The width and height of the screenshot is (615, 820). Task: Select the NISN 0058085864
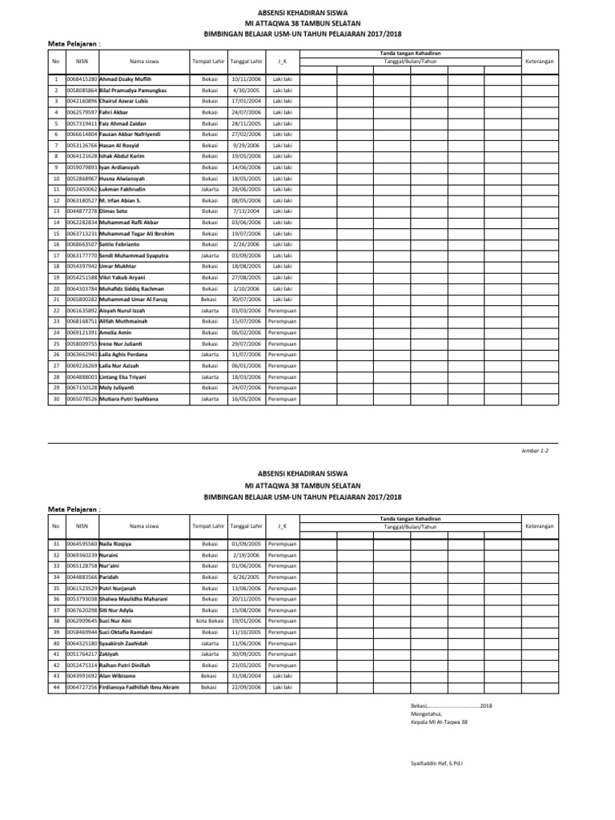(x=82, y=90)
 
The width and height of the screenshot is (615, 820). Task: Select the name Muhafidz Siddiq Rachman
(x=131, y=288)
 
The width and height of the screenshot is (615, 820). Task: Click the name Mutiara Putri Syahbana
(x=128, y=398)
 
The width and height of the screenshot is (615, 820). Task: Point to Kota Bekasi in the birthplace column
(x=210, y=621)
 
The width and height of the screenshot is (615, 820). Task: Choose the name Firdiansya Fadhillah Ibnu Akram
(x=139, y=687)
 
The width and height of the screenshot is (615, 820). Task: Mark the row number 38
(x=56, y=621)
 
